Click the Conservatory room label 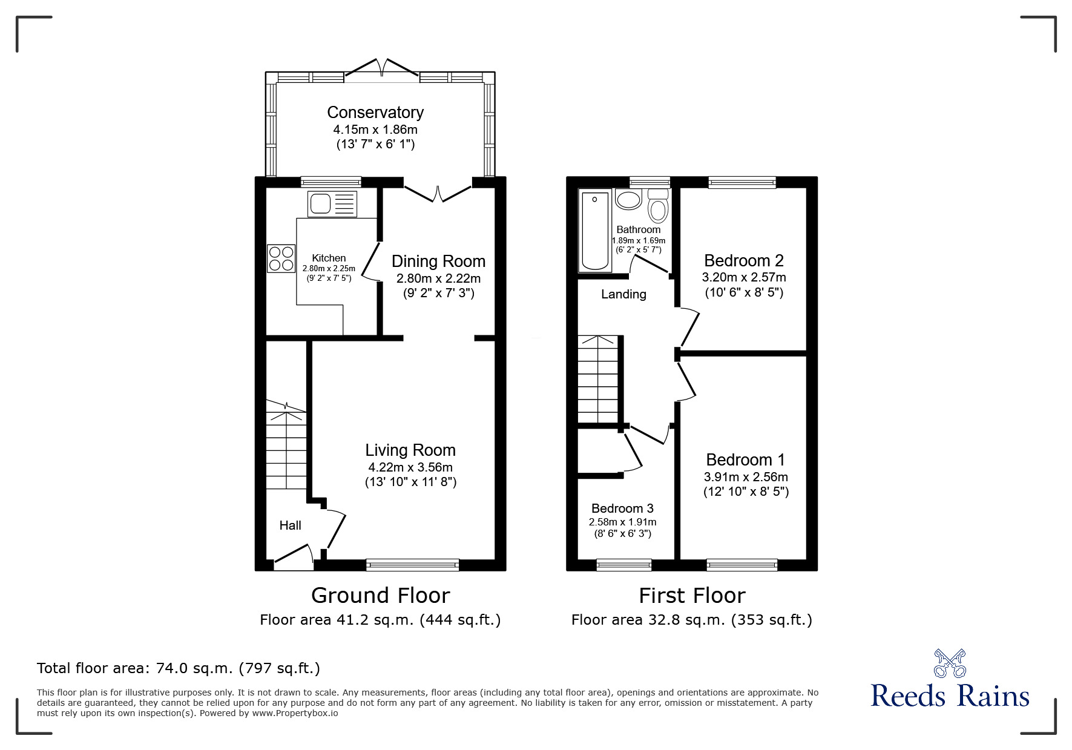pyautogui.click(x=375, y=113)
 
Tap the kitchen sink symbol pyautogui.click(x=332, y=204)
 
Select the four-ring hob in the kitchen pyautogui.click(x=281, y=258)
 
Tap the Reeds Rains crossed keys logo pyautogui.click(x=950, y=663)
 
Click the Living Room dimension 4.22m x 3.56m pyautogui.click(x=410, y=467)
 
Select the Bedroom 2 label pyautogui.click(x=744, y=260)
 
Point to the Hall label pyautogui.click(x=290, y=525)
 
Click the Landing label pyautogui.click(x=623, y=294)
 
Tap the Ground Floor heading pyautogui.click(x=381, y=596)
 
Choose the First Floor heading pyautogui.click(x=692, y=596)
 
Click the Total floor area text pyautogui.click(x=179, y=668)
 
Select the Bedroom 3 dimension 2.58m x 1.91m pyautogui.click(x=622, y=522)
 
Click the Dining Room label pyautogui.click(x=438, y=261)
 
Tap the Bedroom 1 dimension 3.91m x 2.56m pyautogui.click(x=746, y=477)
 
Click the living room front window pyautogui.click(x=412, y=565)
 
